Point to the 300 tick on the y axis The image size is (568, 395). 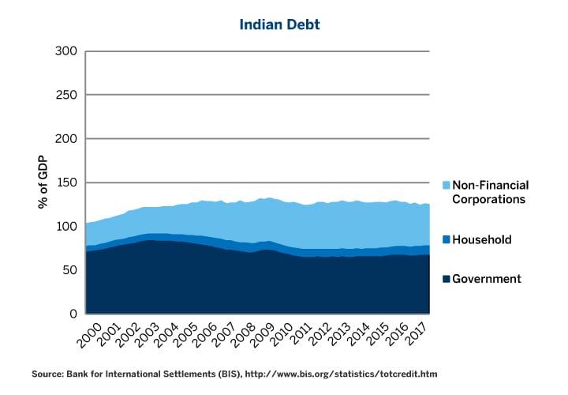[66, 51]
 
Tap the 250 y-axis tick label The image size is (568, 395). [66, 95]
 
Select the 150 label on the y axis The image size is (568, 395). [66, 182]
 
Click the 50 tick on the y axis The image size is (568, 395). [69, 270]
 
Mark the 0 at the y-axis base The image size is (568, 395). [73, 314]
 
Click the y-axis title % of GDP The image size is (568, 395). [43, 182]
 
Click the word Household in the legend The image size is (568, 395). [482, 239]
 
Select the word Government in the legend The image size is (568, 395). [487, 279]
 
